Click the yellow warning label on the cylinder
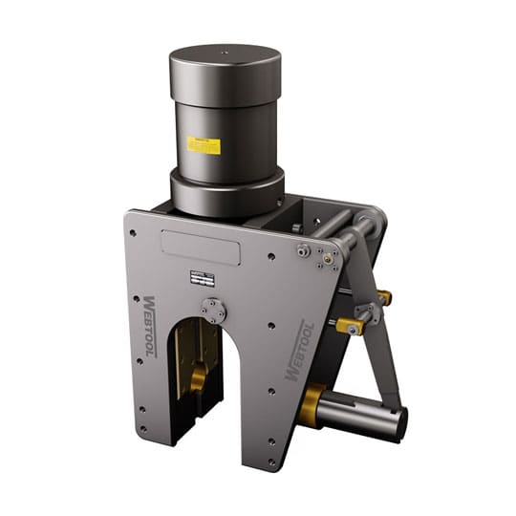tap(204, 145)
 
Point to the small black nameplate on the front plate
tap(201, 278)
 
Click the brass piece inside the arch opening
tap(199, 379)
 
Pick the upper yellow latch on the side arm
tap(382, 297)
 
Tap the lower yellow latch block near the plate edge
tap(350, 327)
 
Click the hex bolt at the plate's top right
tap(303, 250)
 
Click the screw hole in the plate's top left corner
tap(133, 232)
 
